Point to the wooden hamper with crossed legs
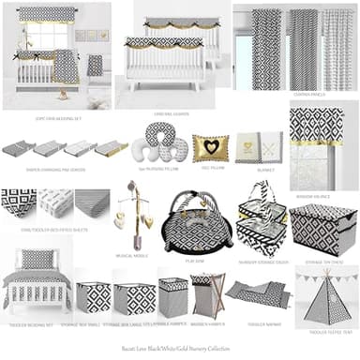207,294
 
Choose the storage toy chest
322,228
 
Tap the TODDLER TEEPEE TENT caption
325,331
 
